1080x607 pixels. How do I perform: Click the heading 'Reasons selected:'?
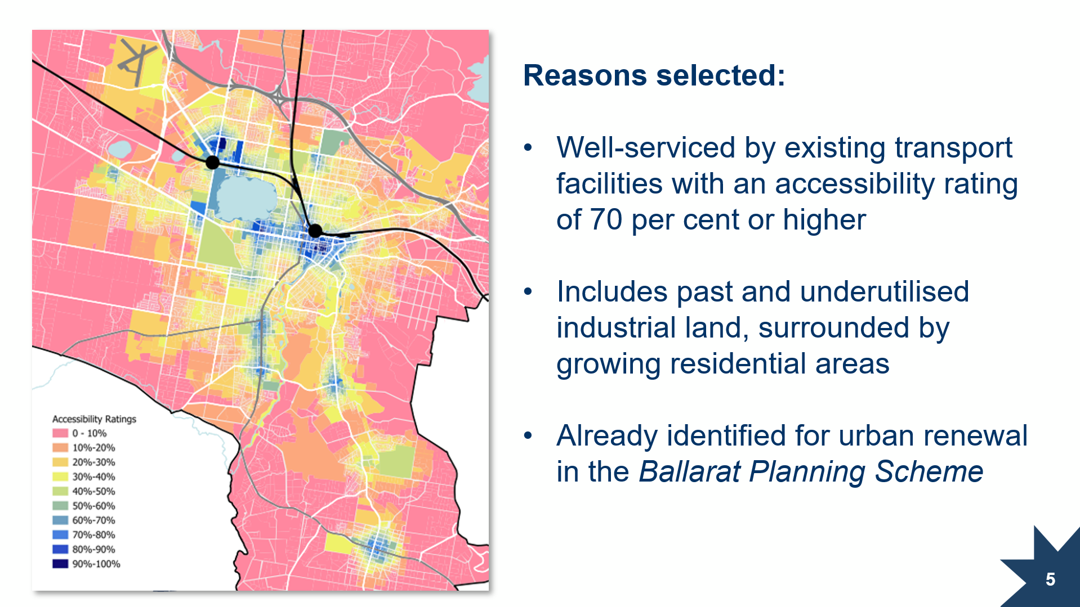coord(654,75)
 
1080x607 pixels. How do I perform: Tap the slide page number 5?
coord(1050,579)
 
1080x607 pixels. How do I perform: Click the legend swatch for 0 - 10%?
coord(60,433)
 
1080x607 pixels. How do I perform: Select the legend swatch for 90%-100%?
coord(60,564)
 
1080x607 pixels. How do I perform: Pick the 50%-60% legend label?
coord(93,506)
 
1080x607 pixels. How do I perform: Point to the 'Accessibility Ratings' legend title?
coord(94,419)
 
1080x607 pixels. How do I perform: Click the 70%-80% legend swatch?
coord(60,534)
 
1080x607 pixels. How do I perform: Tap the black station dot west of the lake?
coord(212,163)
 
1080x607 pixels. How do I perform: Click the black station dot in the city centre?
coord(315,230)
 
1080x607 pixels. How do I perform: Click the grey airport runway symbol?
coord(135,62)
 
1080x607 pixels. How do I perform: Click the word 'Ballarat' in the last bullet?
coord(689,471)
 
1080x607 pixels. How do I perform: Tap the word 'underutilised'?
coord(884,291)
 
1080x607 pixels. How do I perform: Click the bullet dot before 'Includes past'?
coord(528,291)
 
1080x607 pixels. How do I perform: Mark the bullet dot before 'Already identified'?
coord(528,435)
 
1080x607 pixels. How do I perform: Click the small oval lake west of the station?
coord(119,149)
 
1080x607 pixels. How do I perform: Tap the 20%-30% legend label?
coord(93,462)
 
